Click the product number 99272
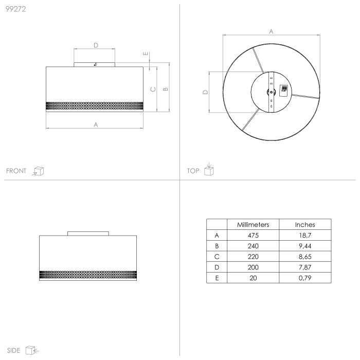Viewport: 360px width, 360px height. tap(15, 8)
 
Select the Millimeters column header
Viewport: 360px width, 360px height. tap(253, 225)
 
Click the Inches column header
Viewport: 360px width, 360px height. tap(305, 225)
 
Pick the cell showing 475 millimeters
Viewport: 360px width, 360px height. tap(253, 236)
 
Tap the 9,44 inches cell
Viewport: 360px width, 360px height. tap(305, 246)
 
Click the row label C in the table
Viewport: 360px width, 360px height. tap(217, 257)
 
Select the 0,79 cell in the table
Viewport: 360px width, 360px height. tap(305, 278)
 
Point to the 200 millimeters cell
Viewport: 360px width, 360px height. tap(253, 267)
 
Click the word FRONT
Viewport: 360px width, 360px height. tap(16, 171)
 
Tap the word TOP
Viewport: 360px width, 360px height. tap(193, 171)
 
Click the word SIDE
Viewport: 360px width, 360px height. tap(14, 351)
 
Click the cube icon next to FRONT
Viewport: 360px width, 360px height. tap(38, 171)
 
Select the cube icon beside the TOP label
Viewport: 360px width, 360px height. tap(208, 170)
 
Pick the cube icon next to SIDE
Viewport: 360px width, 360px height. tap(32, 351)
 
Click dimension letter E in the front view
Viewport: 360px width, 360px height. tap(146, 53)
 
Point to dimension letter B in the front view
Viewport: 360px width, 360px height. tap(165, 88)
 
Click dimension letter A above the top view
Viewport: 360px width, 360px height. tap(271, 31)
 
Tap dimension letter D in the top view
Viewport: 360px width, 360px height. tap(205, 93)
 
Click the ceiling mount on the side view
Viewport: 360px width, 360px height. tap(88, 233)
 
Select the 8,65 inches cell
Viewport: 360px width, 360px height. tap(305, 257)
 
